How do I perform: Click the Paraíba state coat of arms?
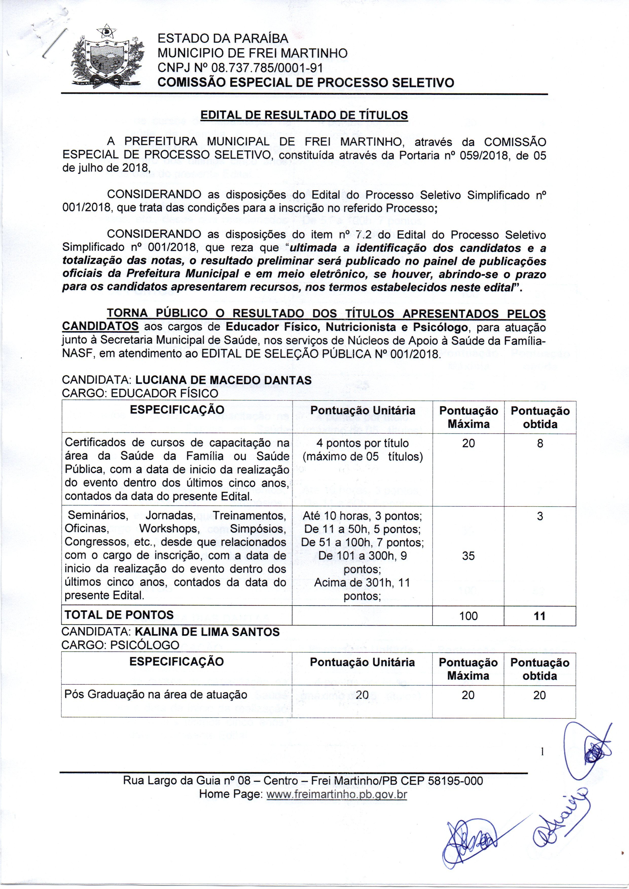point(106,57)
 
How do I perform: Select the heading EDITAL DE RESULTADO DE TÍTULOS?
point(304,115)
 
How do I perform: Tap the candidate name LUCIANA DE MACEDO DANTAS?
point(223,380)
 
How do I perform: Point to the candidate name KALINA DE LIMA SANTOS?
point(207,632)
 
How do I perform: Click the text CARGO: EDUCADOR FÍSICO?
point(140,393)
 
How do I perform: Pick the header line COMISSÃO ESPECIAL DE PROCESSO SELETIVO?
point(305,82)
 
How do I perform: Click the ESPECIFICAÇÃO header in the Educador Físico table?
point(177,410)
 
